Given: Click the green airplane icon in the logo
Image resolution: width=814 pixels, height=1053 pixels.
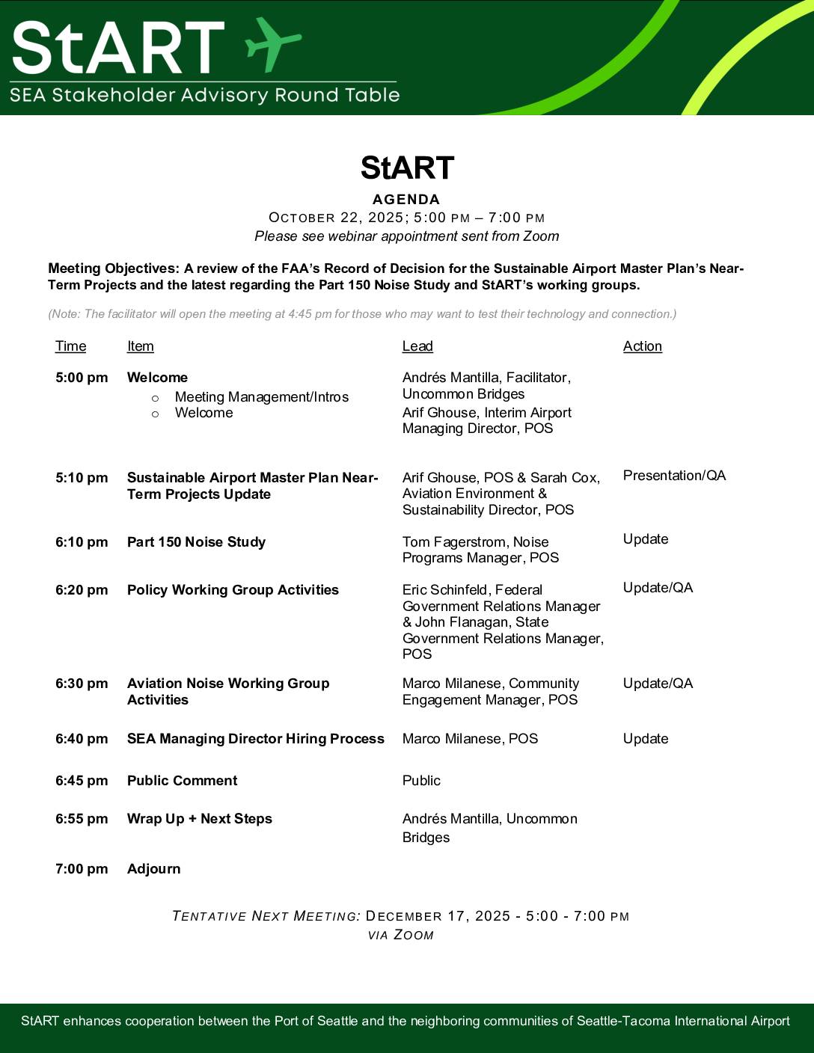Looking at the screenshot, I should (273, 44).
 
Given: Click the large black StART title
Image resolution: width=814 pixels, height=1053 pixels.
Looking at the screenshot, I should (407, 168).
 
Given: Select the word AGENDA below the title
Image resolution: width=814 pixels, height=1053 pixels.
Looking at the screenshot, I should (406, 200).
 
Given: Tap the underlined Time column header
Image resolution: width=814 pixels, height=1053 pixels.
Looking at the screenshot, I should (70, 346).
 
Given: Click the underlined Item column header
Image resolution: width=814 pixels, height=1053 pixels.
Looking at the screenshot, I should (140, 346).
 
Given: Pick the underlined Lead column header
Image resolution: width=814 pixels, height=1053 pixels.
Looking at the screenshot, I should (417, 346).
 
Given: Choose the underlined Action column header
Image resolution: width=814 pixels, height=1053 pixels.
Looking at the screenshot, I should (642, 346).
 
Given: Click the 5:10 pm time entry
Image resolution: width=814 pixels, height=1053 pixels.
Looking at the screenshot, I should (82, 478).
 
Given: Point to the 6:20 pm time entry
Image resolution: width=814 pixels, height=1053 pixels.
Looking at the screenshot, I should (82, 590).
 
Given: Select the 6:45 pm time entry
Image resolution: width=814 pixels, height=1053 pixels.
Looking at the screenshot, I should (82, 781).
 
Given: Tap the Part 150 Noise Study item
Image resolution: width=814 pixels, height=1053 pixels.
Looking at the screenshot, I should (196, 542).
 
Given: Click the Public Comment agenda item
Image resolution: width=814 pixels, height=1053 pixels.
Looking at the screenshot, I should (182, 781).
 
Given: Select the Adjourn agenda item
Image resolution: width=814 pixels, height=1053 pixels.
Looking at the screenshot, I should (153, 869).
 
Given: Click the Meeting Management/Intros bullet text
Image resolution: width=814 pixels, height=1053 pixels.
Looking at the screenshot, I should (261, 397).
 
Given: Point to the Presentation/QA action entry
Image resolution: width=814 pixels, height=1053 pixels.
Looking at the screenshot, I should (674, 476).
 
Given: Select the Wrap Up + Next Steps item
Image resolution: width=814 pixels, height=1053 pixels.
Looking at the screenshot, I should (199, 819).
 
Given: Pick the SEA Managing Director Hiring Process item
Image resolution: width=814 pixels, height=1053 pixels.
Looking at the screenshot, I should (255, 739).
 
